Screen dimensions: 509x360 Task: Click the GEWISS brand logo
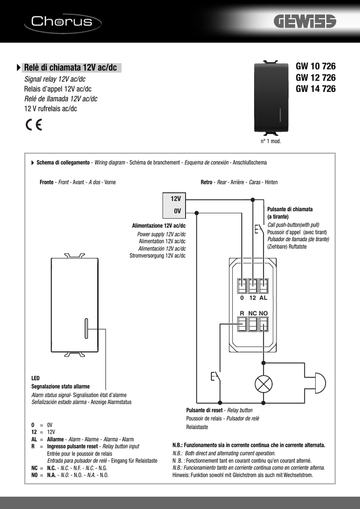[304, 22]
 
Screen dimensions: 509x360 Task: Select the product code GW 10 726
[316, 67]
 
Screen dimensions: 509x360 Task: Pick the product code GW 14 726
[316, 89]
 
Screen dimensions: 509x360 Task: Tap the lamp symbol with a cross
[263, 383]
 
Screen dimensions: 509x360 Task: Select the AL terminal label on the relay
[264, 298]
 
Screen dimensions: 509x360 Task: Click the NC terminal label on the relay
[253, 314]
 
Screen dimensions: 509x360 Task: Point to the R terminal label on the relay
[242, 314]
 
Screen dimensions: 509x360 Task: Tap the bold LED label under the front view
[35, 378]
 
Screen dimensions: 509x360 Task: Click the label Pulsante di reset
[204, 410]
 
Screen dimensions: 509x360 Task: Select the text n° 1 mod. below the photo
[271, 142]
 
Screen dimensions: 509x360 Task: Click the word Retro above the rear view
[206, 182]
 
